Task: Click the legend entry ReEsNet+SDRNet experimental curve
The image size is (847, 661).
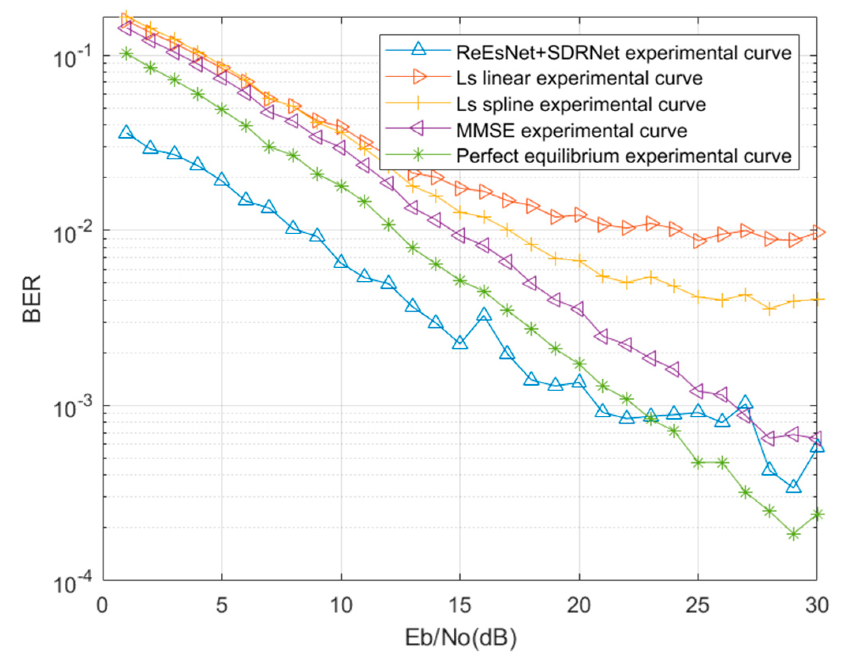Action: (x=623, y=52)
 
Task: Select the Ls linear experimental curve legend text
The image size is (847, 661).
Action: (x=579, y=78)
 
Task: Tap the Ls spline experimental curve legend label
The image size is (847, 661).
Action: (x=581, y=105)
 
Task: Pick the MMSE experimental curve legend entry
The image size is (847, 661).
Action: (x=572, y=131)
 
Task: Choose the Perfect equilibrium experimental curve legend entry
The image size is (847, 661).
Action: (x=623, y=156)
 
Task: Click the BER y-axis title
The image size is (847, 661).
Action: (x=32, y=299)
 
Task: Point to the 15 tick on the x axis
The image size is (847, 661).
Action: (x=460, y=606)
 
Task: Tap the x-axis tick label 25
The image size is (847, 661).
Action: (x=698, y=606)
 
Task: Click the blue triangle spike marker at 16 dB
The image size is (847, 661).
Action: (x=484, y=315)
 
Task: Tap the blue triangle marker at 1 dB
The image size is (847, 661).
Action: (x=126, y=133)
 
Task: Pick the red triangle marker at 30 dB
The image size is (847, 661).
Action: (x=817, y=232)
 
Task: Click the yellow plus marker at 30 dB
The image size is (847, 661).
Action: (x=817, y=300)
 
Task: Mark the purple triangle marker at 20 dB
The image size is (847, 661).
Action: (x=579, y=308)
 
